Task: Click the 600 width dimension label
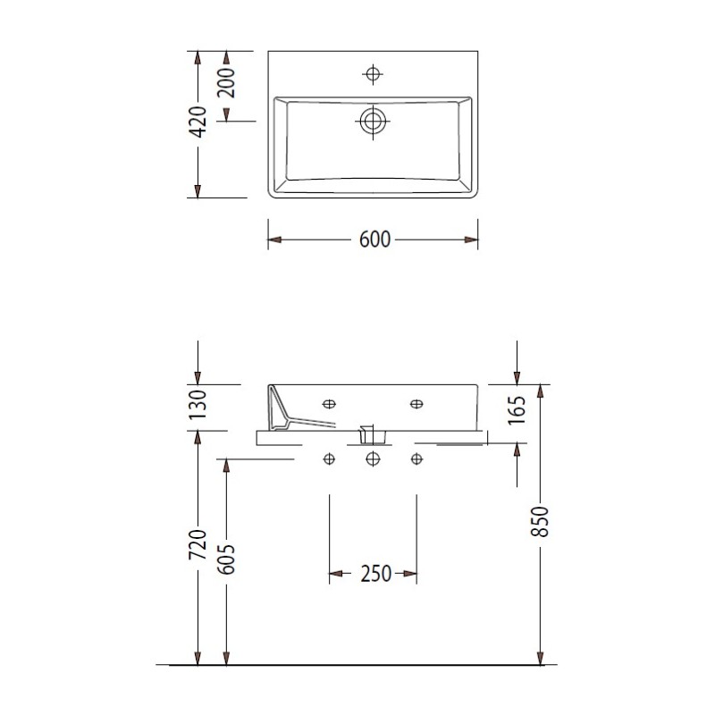click(x=374, y=240)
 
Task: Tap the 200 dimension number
click(x=225, y=84)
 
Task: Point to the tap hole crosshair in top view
click(x=373, y=73)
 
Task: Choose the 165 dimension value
click(x=517, y=413)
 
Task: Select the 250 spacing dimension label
click(x=374, y=574)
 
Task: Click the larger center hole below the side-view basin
click(x=373, y=459)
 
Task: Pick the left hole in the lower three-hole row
click(x=330, y=459)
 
